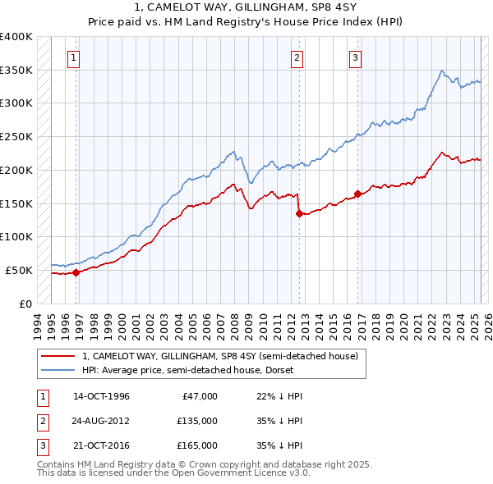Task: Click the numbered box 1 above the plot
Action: tap(74, 57)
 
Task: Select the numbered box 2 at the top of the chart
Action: tap(297, 57)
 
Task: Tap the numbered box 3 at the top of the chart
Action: tap(355, 57)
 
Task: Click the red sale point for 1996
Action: tap(76, 272)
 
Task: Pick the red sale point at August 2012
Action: tap(298, 213)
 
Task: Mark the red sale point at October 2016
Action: tap(357, 194)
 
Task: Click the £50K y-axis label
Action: tap(19, 270)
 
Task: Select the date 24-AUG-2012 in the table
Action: tap(101, 421)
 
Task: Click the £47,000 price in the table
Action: tap(199, 396)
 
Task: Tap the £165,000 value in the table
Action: tap(196, 445)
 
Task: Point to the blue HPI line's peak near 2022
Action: tap(442, 71)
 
